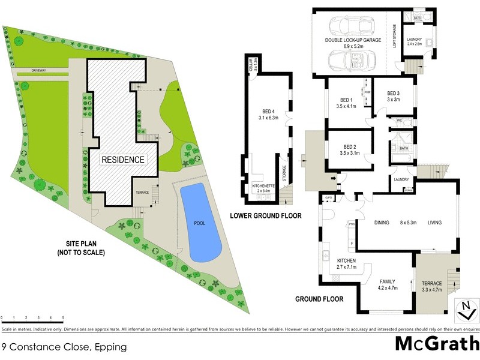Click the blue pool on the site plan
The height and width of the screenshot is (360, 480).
click(200, 223)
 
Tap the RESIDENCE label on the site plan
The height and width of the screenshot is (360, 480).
click(122, 160)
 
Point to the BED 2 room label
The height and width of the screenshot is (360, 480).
click(350, 146)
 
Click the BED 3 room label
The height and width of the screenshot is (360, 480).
click(393, 93)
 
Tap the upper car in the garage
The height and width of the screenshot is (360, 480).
click(350, 25)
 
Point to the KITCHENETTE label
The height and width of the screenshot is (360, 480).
click(263, 186)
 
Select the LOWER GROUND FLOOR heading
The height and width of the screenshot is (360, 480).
click(266, 215)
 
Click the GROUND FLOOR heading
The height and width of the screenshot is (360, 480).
click(319, 299)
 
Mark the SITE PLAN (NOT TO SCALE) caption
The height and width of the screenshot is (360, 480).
click(86, 248)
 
